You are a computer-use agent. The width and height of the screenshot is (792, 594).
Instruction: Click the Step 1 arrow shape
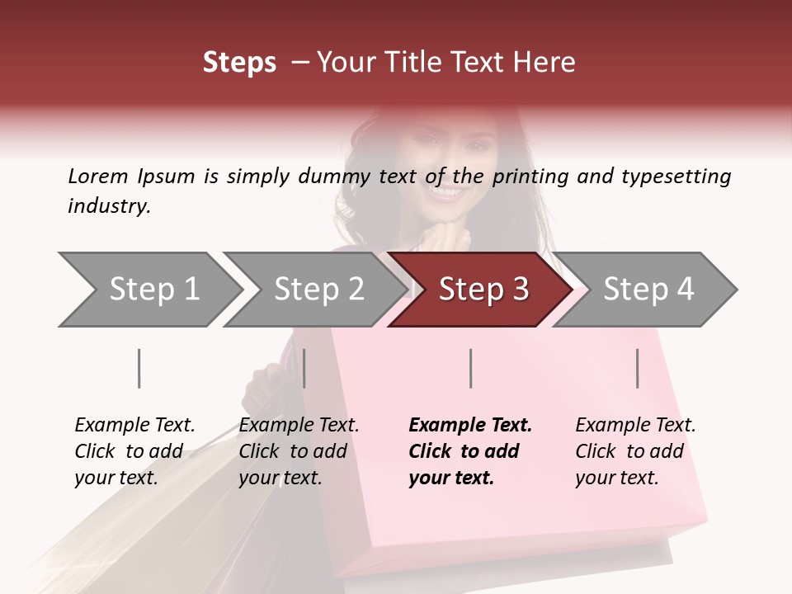148,290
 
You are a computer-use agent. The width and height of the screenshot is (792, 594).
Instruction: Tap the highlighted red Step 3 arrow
483,290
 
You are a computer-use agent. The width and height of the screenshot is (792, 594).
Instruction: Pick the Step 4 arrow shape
648,290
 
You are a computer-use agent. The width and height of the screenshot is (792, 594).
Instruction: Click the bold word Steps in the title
239,63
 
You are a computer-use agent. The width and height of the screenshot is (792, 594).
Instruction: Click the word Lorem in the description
98,176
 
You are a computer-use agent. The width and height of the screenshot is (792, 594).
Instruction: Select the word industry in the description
108,206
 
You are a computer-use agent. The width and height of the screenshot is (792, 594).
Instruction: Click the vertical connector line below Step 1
139,368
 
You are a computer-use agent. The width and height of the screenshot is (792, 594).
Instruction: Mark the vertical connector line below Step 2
304,368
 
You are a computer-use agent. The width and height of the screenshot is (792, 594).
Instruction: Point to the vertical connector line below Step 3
470,368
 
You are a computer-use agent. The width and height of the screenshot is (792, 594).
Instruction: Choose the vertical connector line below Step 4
638,368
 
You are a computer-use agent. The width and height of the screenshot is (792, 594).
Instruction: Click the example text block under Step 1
134,451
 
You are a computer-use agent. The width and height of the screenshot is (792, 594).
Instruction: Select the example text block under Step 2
299,451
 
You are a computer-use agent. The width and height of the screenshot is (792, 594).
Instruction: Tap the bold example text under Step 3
470,451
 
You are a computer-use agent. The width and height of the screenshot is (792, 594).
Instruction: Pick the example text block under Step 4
635,451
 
